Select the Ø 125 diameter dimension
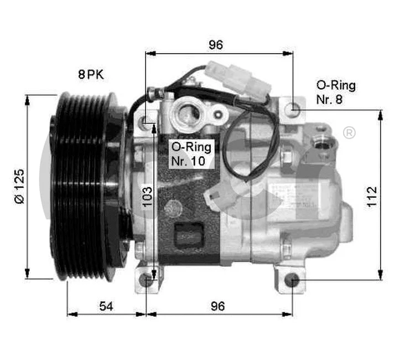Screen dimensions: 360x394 (19, 186)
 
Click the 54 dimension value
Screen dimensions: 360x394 (106, 306)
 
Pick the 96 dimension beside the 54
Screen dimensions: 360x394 (218, 306)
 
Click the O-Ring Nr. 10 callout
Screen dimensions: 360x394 (190, 154)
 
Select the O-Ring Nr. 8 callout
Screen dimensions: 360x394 (335, 92)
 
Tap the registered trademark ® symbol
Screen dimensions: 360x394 (349, 133)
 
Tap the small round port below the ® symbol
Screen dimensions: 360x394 (323, 142)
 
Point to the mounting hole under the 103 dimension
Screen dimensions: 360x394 (147, 279)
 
